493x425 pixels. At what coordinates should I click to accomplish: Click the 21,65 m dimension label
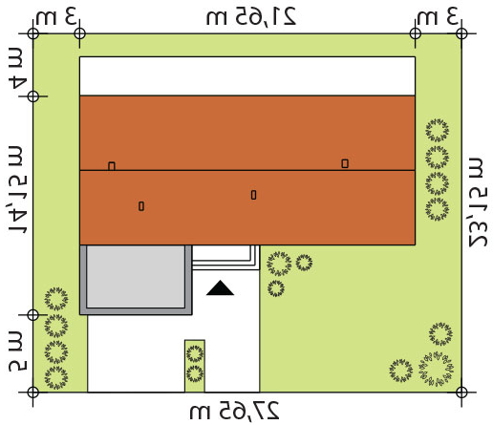(x=251, y=16)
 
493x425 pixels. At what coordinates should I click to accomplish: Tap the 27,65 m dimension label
(x=234, y=411)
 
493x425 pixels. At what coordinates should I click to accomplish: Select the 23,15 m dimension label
(x=478, y=202)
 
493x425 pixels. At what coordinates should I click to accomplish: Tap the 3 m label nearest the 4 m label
(x=56, y=16)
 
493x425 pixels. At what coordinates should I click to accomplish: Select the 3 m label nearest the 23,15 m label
(x=439, y=16)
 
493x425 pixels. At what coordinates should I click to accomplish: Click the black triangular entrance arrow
(x=220, y=287)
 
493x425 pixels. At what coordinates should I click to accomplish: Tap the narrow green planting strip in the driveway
(x=195, y=366)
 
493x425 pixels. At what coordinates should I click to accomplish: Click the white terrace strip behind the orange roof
(x=247, y=76)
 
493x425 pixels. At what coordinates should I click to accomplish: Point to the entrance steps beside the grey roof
(x=225, y=258)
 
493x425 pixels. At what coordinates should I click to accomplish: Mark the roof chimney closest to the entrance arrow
(x=253, y=195)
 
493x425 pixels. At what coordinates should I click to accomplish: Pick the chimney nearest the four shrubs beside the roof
(x=345, y=163)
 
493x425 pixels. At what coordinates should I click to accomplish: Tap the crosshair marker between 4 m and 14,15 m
(x=33, y=96)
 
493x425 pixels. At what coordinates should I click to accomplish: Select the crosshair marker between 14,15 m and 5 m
(x=33, y=315)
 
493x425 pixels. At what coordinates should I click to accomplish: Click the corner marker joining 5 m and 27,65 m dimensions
(x=33, y=393)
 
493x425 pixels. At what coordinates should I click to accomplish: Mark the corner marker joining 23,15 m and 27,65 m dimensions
(x=461, y=393)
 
